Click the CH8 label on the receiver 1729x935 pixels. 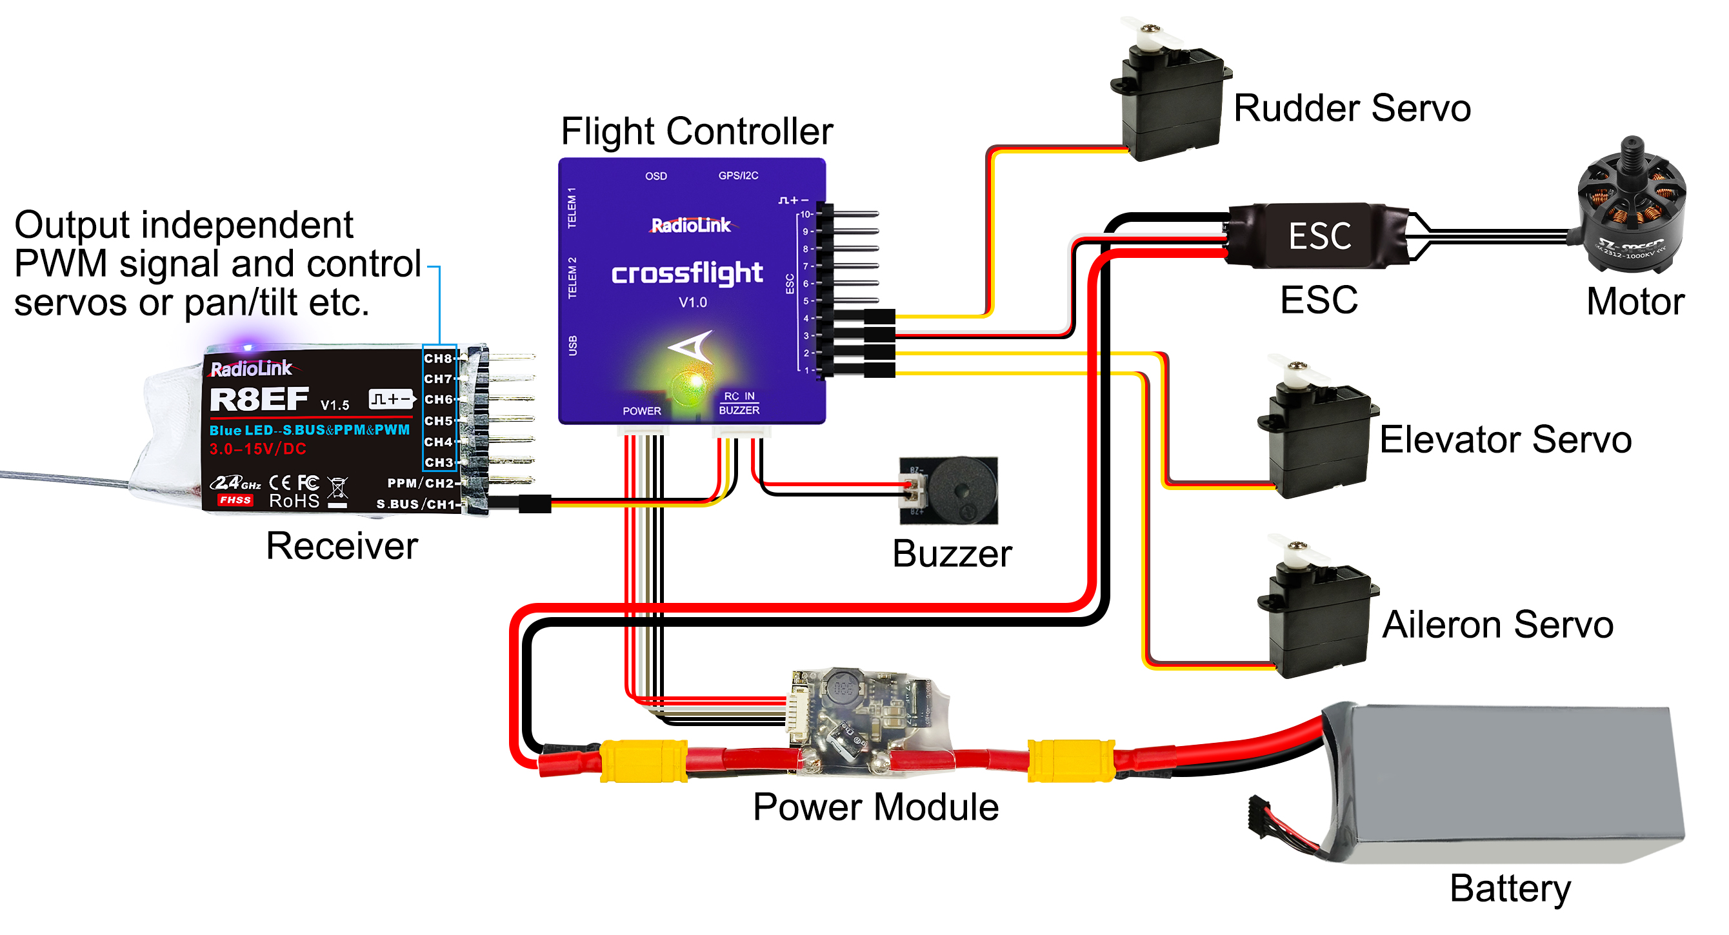(x=438, y=358)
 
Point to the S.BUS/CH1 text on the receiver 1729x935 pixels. (x=415, y=504)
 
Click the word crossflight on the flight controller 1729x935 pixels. (x=686, y=273)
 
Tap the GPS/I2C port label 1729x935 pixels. (x=737, y=176)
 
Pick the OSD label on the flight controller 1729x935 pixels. (x=655, y=177)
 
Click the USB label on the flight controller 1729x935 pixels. (x=572, y=346)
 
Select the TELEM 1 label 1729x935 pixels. (x=572, y=208)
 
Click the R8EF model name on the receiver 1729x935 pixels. (x=259, y=400)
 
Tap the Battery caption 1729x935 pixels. (x=1510, y=888)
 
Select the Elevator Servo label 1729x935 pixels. (x=1505, y=440)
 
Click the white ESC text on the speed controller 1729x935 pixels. (x=1319, y=236)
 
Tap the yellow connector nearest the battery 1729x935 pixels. (x=1070, y=761)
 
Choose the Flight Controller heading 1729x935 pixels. (x=696, y=132)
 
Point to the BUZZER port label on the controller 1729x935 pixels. (x=739, y=410)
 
